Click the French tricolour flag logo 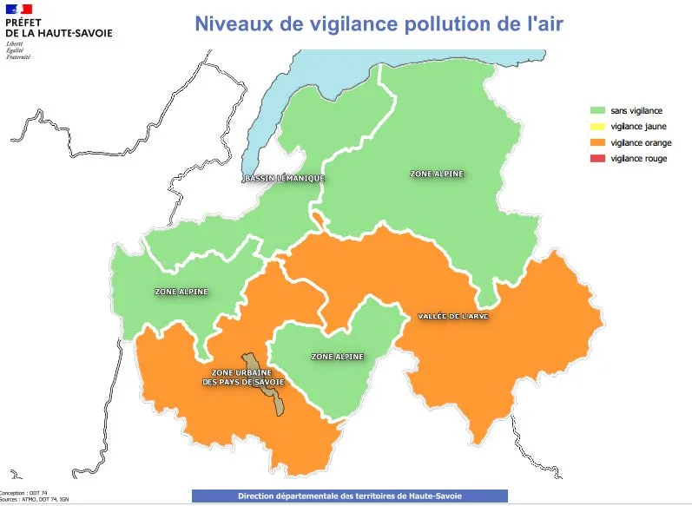point(19,9)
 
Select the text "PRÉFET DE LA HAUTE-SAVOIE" point(58,27)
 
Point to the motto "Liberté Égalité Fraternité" point(17,49)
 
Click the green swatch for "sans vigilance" point(597,111)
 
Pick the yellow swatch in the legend point(597,127)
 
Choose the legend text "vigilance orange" point(641,142)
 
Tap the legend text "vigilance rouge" point(639,158)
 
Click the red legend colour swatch point(597,158)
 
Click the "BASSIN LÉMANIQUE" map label point(284,179)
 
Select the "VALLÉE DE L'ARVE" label point(453,316)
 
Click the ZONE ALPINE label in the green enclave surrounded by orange point(337,357)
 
